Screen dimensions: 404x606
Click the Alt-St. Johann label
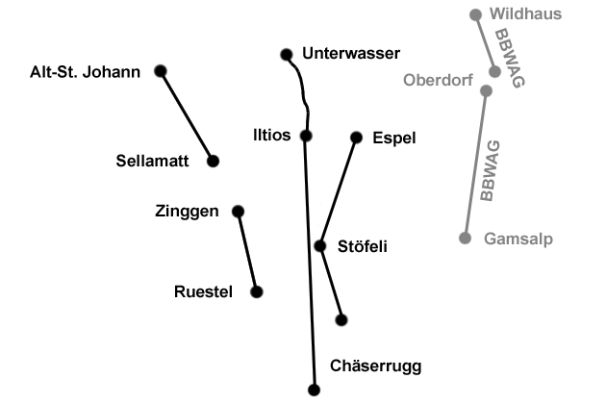pos(86,71)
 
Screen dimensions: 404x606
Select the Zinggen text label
pos(187,211)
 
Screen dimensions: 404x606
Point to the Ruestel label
pos(204,291)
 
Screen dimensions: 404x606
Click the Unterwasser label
pos(350,53)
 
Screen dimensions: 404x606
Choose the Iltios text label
pos(271,135)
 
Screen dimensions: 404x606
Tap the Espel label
pos(394,138)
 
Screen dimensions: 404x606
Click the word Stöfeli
pos(363,246)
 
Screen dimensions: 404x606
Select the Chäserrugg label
pos(375,366)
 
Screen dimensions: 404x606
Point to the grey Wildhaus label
pos(525,13)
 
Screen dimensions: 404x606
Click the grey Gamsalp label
pos(519,238)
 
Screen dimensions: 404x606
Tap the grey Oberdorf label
pos(439,80)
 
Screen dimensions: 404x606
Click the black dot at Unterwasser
pos(285,54)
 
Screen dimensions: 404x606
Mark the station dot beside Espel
pos(356,137)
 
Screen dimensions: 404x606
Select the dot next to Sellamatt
pos(214,161)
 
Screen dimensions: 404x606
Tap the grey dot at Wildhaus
pos(475,14)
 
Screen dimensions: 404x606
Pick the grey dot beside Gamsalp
pos(466,238)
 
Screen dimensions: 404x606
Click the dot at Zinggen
pos(238,211)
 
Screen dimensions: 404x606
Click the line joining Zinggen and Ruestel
pos(247,251)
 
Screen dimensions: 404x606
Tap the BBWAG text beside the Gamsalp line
pos(491,171)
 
